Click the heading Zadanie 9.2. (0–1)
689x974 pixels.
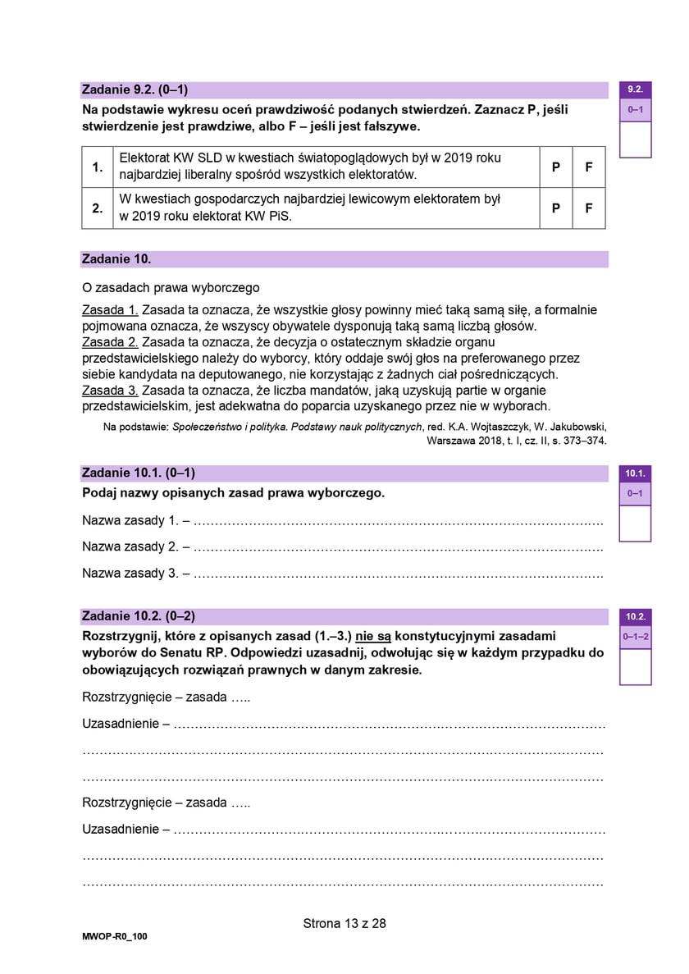tap(140, 89)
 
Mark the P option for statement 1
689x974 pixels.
tap(555, 167)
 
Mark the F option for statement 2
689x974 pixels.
tap(588, 208)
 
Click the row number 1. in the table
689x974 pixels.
tap(98, 167)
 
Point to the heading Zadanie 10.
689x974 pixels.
tap(116, 259)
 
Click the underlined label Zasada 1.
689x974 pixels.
tap(111, 310)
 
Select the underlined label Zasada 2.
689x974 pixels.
tap(111, 342)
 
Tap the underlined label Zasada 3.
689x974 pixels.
tap(111, 391)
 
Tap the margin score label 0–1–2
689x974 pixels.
tap(636, 637)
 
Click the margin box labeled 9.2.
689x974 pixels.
tap(635, 89)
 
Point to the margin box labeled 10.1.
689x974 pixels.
tap(635, 473)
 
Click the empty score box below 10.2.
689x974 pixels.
tap(635, 666)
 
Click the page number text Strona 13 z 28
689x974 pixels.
tap(344, 923)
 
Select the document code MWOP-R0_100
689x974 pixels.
tap(115, 937)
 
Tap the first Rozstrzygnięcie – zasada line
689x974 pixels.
tap(166, 697)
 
